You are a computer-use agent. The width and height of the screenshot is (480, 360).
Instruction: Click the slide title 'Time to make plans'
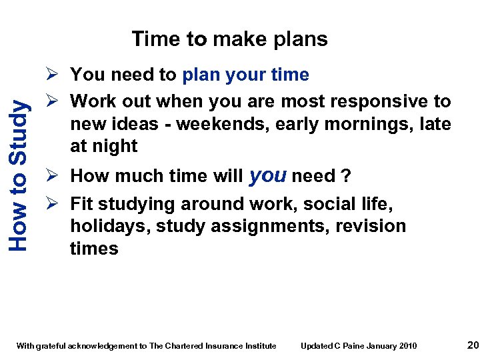pyautogui.click(x=229, y=39)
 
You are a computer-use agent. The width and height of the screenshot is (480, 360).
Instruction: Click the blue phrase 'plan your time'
pyautogui.click(x=246, y=75)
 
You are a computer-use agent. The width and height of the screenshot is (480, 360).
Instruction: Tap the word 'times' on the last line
pyautogui.click(x=94, y=249)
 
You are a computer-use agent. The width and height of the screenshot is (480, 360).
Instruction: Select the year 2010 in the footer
pyautogui.click(x=408, y=345)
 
